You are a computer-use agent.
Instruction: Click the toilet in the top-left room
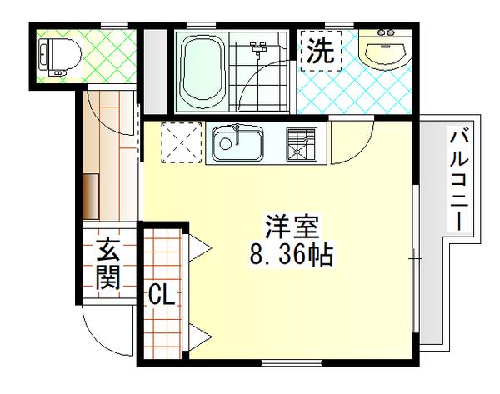59,57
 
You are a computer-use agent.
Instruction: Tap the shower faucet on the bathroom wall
258,49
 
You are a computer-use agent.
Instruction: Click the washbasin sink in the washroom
385,50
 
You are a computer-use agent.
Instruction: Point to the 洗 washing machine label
321,51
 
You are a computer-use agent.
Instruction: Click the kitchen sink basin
238,143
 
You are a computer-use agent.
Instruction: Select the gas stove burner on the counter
302,144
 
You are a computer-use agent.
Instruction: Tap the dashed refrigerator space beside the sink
182,142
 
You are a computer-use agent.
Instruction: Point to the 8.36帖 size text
292,254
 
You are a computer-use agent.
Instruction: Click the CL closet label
162,294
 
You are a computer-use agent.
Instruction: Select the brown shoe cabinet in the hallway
91,197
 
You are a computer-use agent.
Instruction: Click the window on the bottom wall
292,362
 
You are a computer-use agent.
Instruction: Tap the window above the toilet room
114,26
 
